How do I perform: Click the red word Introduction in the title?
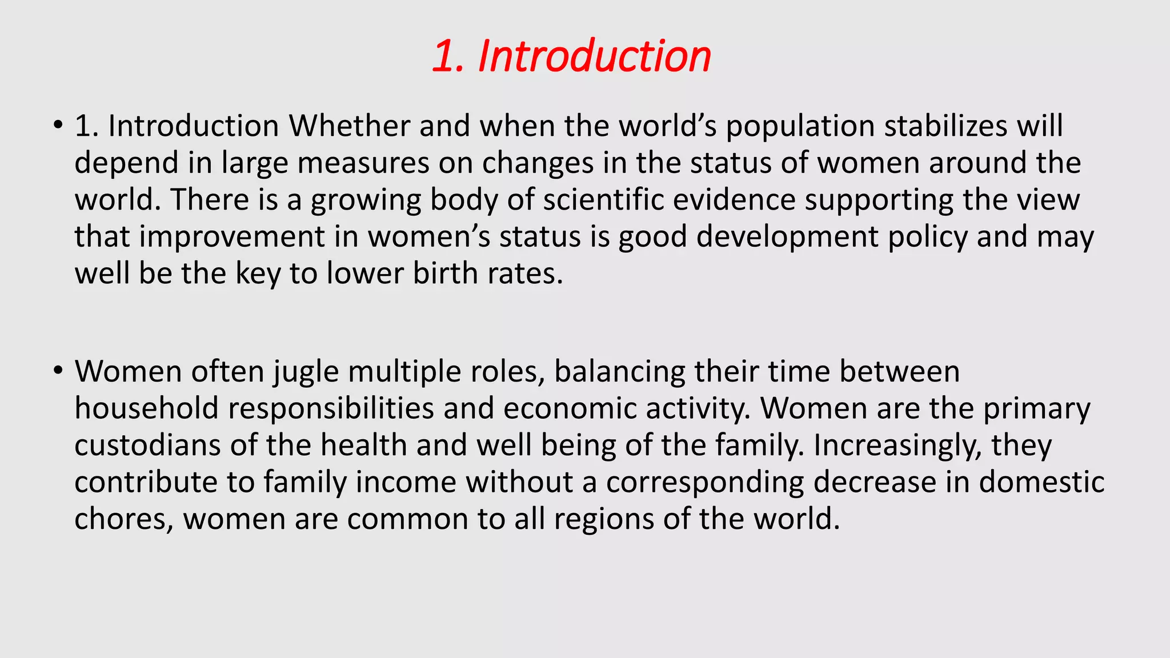point(594,56)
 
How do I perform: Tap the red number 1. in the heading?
point(449,56)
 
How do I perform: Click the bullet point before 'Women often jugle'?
point(57,370)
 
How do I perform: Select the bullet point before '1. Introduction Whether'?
point(57,125)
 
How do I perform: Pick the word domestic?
point(1041,482)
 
